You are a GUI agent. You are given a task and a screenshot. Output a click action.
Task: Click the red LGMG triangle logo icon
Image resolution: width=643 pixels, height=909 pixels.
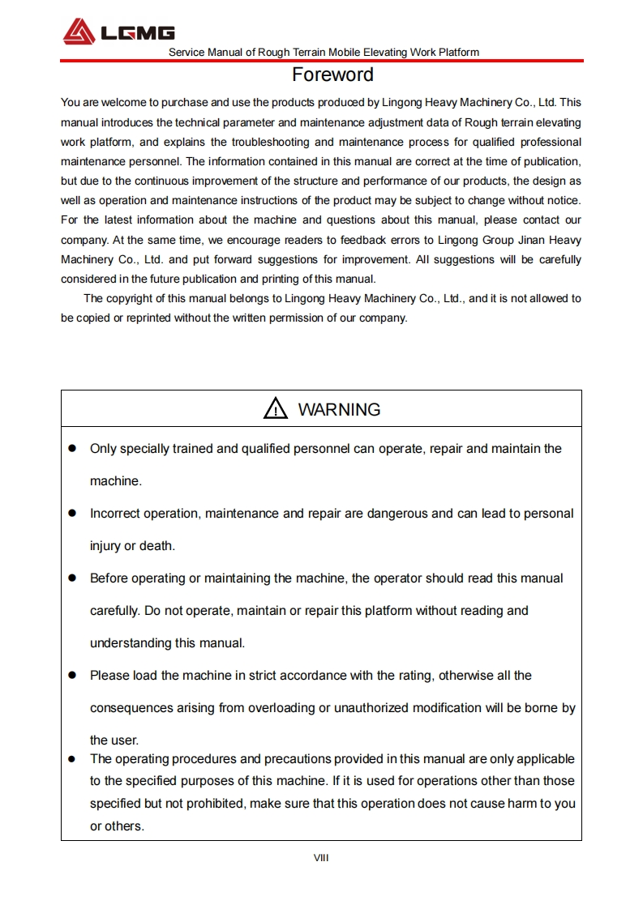coord(79,32)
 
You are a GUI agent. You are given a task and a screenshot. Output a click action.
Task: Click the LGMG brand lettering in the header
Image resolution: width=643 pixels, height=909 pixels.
coord(137,33)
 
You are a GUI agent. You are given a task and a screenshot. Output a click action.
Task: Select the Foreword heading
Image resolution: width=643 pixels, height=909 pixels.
coord(332,75)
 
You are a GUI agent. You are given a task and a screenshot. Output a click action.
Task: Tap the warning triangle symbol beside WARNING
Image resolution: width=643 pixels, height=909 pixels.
coord(276,409)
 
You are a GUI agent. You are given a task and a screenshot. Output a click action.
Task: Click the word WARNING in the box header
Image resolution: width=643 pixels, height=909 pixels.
coord(339,410)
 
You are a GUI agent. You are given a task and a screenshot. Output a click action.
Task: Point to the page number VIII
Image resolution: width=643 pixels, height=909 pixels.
coord(321,858)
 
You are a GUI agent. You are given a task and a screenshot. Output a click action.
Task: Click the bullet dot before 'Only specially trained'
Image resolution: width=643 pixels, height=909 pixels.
coord(71,448)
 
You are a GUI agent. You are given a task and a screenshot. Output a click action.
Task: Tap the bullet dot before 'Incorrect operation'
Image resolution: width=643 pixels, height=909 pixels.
coord(71,513)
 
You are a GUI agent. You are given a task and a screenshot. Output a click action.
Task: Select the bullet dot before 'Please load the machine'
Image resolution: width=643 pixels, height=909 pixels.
coord(71,675)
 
